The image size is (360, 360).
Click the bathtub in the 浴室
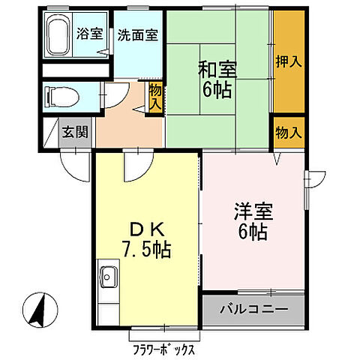click(x=58, y=35)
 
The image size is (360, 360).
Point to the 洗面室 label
click(x=137, y=34)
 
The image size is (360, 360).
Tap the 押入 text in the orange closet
click(x=288, y=61)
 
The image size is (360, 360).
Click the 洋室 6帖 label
click(x=252, y=220)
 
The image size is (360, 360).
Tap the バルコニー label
click(x=253, y=307)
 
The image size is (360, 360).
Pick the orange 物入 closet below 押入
click(x=288, y=133)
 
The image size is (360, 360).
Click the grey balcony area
click(x=253, y=307)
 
